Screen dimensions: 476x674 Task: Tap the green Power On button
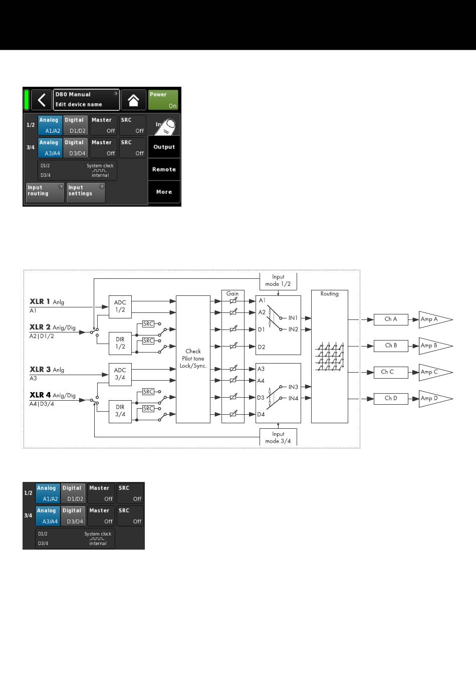click(x=163, y=100)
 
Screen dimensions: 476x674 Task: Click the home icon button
click(x=133, y=100)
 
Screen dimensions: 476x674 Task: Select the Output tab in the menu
click(x=164, y=147)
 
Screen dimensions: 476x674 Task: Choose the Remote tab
click(x=164, y=170)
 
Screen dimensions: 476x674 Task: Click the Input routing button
click(x=45, y=193)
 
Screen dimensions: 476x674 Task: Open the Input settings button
click(x=86, y=193)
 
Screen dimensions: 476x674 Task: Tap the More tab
click(x=164, y=192)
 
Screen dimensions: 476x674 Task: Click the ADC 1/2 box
click(x=120, y=306)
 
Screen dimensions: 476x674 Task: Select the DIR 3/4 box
click(x=120, y=411)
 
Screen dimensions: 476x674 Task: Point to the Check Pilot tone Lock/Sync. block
click(x=193, y=359)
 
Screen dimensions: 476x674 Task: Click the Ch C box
click(x=391, y=372)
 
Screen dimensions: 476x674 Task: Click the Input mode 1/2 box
click(x=278, y=281)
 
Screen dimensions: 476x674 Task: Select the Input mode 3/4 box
click(x=278, y=437)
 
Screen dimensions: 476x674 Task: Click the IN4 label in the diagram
click(x=293, y=398)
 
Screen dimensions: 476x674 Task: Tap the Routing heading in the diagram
click(x=329, y=294)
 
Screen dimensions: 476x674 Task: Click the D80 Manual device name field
click(x=86, y=100)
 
